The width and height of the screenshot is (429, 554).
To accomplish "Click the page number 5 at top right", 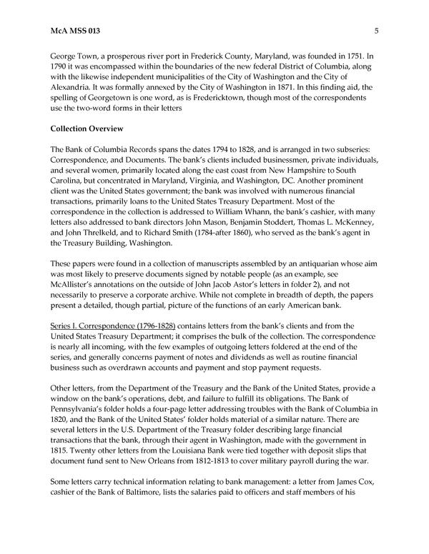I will click(376, 31).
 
